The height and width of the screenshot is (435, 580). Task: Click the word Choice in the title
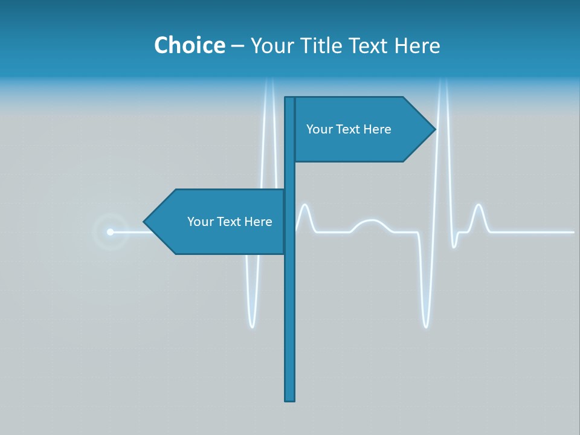[189, 45]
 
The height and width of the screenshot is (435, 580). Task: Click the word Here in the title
[417, 45]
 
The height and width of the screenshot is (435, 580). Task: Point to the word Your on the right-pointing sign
[319, 129]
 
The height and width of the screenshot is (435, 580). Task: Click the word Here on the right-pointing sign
[378, 129]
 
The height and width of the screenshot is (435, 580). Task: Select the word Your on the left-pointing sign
[200, 222]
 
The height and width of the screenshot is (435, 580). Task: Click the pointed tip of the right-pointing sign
[434, 129]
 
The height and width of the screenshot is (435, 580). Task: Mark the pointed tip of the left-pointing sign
[144, 222]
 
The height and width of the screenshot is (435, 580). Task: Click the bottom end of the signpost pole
[290, 399]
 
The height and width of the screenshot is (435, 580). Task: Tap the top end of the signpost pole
[290, 98]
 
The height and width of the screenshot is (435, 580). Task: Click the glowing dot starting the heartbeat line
[110, 231]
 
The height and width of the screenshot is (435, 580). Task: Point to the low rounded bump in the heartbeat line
[370, 222]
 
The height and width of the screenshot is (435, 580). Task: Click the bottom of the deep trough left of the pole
[252, 326]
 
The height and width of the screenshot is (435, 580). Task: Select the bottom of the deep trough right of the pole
[426, 326]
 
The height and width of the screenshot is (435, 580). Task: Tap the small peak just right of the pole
[305, 206]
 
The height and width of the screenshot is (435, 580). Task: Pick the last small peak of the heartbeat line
[478, 206]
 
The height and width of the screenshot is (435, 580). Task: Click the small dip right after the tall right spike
[454, 246]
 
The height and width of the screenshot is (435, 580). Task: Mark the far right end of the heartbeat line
[573, 231]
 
